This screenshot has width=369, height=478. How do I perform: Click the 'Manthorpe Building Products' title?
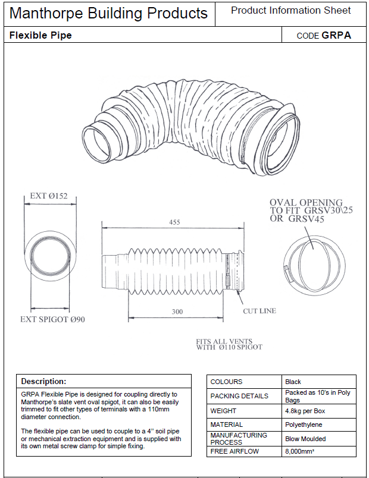coord(109,14)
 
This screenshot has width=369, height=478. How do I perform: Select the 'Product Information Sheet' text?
coord(290,11)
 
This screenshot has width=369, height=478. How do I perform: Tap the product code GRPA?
coord(336,35)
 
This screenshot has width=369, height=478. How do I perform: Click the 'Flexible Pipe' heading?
coord(40,35)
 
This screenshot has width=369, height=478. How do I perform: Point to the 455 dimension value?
coord(174,222)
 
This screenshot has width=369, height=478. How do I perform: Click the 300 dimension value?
coord(177,311)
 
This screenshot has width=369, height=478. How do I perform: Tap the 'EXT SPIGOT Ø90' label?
coord(53,319)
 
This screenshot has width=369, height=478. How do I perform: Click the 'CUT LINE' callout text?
coord(259,311)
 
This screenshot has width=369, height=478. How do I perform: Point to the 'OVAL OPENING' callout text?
coord(306,203)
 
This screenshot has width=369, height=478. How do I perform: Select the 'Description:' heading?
coord(43,381)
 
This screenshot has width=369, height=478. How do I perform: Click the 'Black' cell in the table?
coord(293,382)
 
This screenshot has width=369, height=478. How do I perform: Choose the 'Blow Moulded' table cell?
coord(305,439)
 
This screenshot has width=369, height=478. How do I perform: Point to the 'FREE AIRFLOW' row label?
coord(235,452)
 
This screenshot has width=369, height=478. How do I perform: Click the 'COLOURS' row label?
coord(227,382)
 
